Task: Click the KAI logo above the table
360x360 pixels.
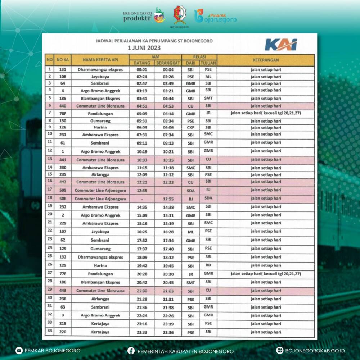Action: [x=281, y=45]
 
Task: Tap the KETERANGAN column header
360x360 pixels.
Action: [x=266, y=60]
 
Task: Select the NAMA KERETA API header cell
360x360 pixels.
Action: [x=100, y=60]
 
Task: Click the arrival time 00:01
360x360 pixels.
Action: [x=141, y=69]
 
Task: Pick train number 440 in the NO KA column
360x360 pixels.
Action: [x=63, y=106]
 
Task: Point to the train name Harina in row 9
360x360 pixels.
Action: [x=100, y=127]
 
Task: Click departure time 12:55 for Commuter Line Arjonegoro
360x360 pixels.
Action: [x=168, y=199]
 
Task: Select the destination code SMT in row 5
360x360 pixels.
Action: [x=208, y=98]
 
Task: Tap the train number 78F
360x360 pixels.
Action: [x=63, y=113]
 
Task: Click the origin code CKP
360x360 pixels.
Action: [x=190, y=127]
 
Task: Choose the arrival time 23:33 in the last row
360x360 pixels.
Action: [x=141, y=333]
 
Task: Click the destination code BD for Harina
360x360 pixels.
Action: [x=208, y=265]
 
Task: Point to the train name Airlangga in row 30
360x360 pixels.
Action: [x=100, y=299]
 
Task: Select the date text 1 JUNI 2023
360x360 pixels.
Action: [x=144, y=47]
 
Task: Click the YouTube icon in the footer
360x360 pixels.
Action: [x=19, y=351]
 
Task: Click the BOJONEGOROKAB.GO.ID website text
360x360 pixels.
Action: [x=315, y=351]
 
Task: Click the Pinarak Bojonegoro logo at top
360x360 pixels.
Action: [x=215, y=16]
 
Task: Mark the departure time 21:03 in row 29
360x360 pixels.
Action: [x=168, y=291]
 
